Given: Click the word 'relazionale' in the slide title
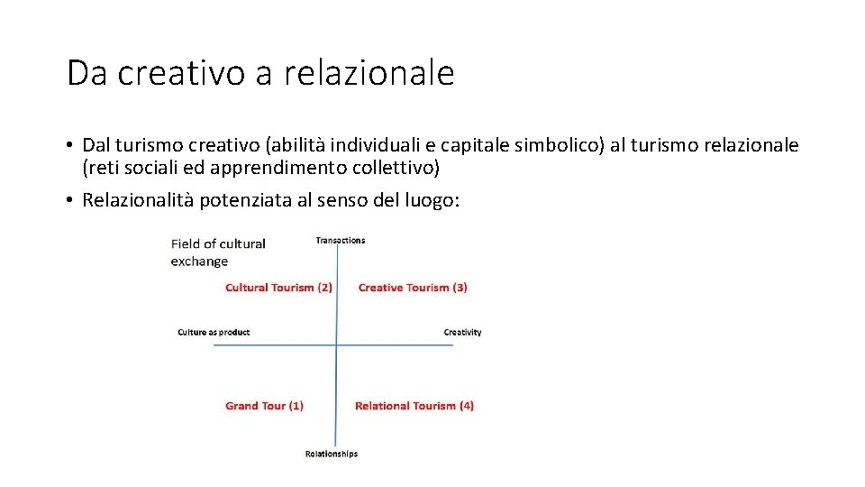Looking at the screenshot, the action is (369, 73).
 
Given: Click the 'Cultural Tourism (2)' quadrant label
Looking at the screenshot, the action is (278, 288).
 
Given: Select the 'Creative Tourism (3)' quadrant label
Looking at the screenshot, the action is (413, 288).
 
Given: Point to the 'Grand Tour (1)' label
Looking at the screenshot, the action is (264, 406).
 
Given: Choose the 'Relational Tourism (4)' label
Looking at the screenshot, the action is (414, 406).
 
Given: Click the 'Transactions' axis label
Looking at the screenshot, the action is (341, 240).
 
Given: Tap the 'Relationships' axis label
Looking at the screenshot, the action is (332, 454).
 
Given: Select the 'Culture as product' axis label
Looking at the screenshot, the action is (214, 332).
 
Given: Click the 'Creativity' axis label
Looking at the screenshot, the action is (462, 332).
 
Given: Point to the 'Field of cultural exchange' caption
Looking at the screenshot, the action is (217, 253).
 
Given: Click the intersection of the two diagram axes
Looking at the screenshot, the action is (336, 345).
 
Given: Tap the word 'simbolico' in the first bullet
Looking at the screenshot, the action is (564, 145).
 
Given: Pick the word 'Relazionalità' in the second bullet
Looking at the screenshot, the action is (135, 200).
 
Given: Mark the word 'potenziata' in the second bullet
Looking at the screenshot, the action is (237, 200).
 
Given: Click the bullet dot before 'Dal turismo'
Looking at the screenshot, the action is (69, 146).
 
